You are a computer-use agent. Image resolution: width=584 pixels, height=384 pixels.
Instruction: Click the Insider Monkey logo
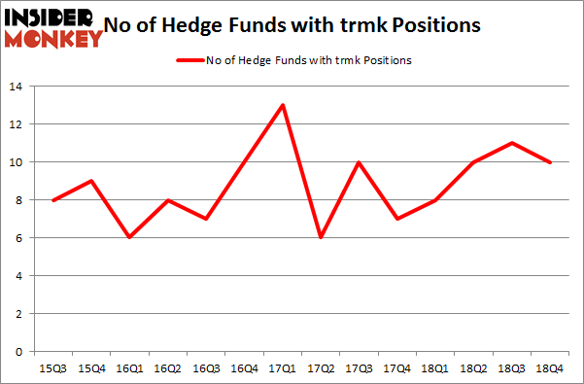click(52, 26)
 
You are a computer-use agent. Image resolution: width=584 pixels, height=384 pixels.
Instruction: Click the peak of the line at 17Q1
click(283, 105)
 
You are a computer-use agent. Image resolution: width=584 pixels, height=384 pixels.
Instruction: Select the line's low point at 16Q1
click(129, 237)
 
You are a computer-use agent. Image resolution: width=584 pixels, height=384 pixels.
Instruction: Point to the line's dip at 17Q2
click(321, 237)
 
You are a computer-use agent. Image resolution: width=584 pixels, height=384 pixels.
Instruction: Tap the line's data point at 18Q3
click(512, 143)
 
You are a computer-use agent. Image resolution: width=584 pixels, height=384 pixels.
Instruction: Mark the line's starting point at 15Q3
click(53, 199)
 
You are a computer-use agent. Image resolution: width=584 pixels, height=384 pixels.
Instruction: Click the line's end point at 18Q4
click(550, 162)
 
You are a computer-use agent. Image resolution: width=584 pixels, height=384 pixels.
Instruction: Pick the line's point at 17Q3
click(359, 162)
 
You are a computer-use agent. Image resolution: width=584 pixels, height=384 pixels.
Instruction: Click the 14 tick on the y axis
click(18, 87)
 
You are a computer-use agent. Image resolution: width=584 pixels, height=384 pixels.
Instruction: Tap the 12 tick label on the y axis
click(18, 124)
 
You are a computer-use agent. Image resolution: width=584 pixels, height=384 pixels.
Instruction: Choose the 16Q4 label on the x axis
click(244, 369)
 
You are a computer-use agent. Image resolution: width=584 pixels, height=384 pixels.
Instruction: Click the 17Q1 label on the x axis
click(283, 369)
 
